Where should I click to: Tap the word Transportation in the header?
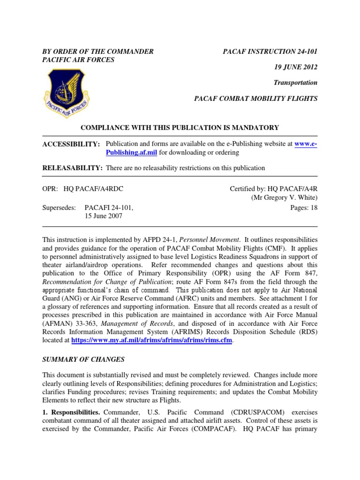295,83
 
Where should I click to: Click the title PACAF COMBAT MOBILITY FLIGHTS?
256,98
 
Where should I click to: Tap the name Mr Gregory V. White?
285,198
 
